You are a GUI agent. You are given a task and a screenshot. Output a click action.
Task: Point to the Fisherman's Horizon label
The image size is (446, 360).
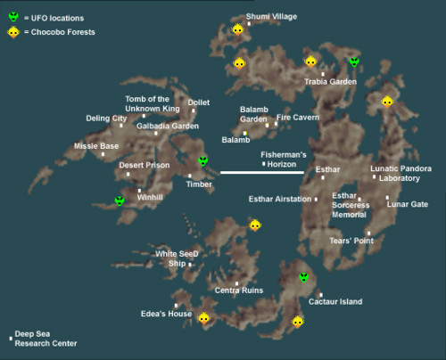[284, 159]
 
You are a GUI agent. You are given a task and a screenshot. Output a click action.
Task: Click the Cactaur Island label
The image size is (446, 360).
[335, 302]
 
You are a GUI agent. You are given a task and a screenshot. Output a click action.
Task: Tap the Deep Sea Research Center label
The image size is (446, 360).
[45, 339]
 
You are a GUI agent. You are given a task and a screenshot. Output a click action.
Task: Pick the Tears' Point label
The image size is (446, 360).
[351, 241]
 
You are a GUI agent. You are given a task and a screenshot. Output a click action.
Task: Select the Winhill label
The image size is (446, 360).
[151, 198]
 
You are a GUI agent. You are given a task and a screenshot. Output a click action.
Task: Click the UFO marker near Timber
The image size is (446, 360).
[203, 161]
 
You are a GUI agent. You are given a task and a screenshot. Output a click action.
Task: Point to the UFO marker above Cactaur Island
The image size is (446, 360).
[303, 277]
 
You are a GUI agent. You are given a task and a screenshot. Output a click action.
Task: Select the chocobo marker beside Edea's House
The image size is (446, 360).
[203, 318]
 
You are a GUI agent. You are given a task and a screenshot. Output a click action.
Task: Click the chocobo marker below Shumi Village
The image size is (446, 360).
[237, 29]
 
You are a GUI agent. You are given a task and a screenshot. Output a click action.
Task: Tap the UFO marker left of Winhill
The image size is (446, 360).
[120, 200]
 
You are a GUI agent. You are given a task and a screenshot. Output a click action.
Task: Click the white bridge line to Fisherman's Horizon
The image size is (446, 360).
[263, 172]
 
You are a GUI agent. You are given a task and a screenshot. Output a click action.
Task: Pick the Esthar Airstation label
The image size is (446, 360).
[280, 199]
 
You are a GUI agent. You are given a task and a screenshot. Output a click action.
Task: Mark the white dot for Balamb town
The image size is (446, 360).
[244, 133]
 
